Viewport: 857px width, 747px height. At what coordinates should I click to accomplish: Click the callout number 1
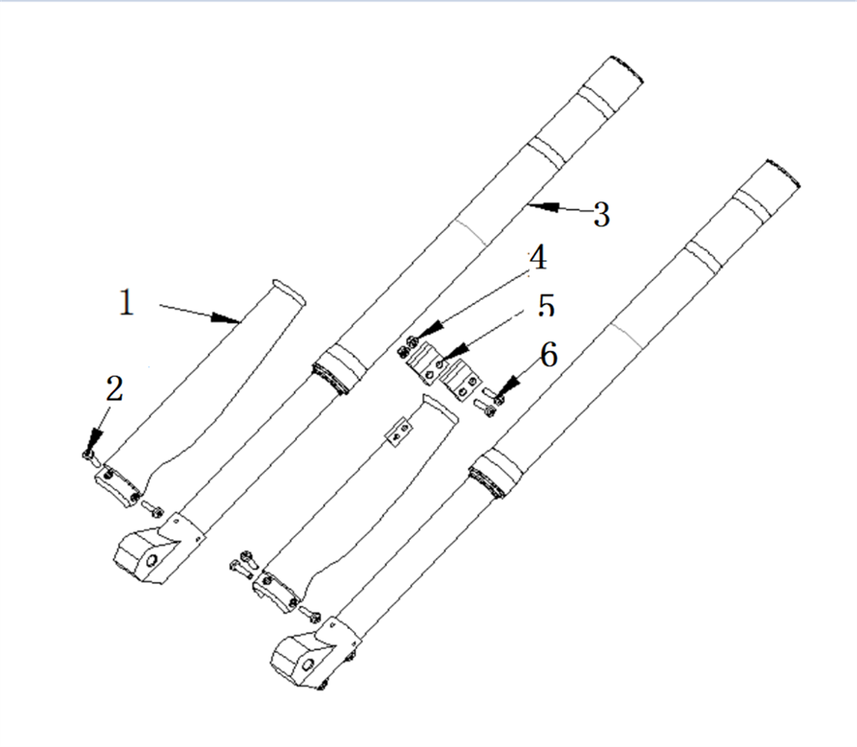[126, 302]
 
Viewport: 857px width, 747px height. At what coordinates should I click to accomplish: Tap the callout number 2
[114, 388]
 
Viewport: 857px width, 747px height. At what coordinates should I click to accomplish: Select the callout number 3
[601, 214]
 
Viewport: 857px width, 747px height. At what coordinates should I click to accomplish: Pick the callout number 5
[546, 305]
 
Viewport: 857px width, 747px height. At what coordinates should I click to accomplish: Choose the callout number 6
[548, 354]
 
